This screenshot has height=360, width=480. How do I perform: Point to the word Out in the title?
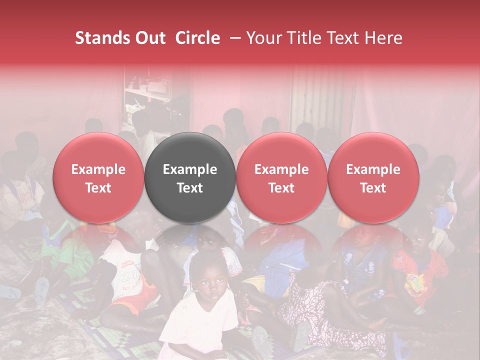pyautogui.click(x=151, y=38)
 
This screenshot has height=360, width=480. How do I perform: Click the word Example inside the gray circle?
pyautogui.click(x=190, y=169)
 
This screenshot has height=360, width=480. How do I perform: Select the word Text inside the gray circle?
pyautogui.click(x=190, y=188)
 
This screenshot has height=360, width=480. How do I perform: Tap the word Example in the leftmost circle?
pyautogui.click(x=98, y=169)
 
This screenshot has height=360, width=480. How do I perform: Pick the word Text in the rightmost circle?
pyautogui.click(x=373, y=188)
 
